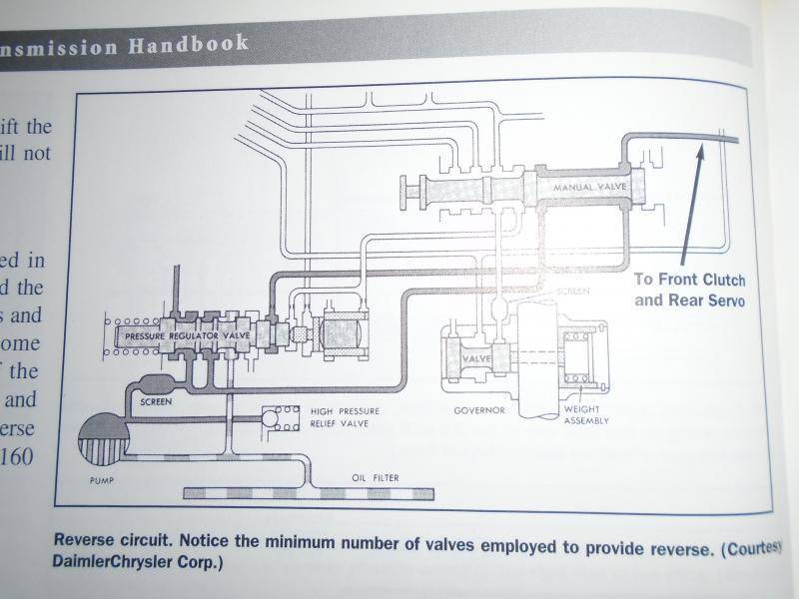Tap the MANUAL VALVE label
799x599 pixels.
584,188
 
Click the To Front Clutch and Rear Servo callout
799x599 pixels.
689,289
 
